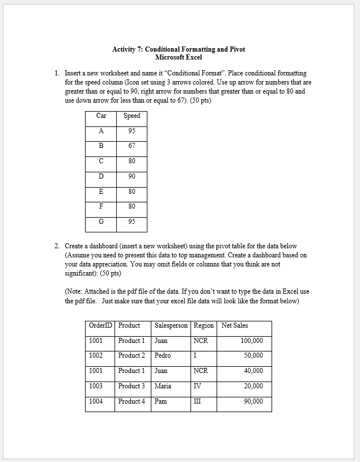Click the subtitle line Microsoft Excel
click(179, 57)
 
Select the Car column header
click(101, 116)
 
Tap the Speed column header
click(132, 116)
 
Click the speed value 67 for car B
click(132, 146)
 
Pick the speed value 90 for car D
click(132, 176)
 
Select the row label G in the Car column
click(101, 222)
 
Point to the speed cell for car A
click(132, 131)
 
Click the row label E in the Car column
click(101, 192)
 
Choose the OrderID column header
click(100, 325)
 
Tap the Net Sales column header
click(235, 325)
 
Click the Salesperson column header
click(171, 325)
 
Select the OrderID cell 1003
click(96, 386)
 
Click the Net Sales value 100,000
click(252, 341)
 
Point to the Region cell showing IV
click(197, 386)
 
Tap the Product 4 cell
click(132, 401)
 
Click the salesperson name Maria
click(162, 386)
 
